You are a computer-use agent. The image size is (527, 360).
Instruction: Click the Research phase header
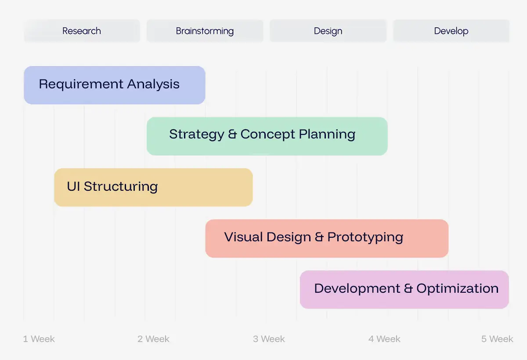click(x=82, y=31)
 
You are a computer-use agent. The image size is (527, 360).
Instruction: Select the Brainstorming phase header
click(x=205, y=31)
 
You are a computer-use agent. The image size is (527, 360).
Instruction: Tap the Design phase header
click(x=328, y=31)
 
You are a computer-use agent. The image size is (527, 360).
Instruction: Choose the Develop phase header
click(x=451, y=31)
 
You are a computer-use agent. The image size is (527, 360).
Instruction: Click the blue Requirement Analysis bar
click(x=115, y=85)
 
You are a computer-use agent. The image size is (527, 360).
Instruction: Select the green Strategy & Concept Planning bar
click(x=267, y=136)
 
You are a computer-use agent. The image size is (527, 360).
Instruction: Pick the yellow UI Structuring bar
click(x=153, y=187)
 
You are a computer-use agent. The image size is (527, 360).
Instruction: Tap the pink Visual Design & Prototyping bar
click(x=327, y=239)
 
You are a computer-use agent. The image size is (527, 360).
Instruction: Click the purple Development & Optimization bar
click(x=404, y=290)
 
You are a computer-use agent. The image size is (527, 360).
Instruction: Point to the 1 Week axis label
click(x=39, y=339)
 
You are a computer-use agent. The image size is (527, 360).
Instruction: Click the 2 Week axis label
click(x=153, y=339)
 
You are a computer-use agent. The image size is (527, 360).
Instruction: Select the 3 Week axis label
click(x=269, y=339)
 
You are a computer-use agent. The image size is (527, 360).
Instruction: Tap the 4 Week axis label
click(x=384, y=339)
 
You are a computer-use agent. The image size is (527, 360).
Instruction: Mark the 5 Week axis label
click(x=497, y=339)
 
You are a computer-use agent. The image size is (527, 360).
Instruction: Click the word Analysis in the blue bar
click(x=153, y=84)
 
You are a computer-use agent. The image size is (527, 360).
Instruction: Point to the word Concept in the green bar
click(x=267, y=134)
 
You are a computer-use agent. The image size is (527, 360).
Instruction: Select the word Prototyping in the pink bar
click(x=365, y=237)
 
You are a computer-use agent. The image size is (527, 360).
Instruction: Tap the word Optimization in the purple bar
click(x=457, y=289)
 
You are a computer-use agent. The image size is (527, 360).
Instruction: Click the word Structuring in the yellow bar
click(x=121, y=187)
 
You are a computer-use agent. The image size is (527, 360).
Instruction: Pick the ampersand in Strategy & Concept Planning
click(x=232, y=134)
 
